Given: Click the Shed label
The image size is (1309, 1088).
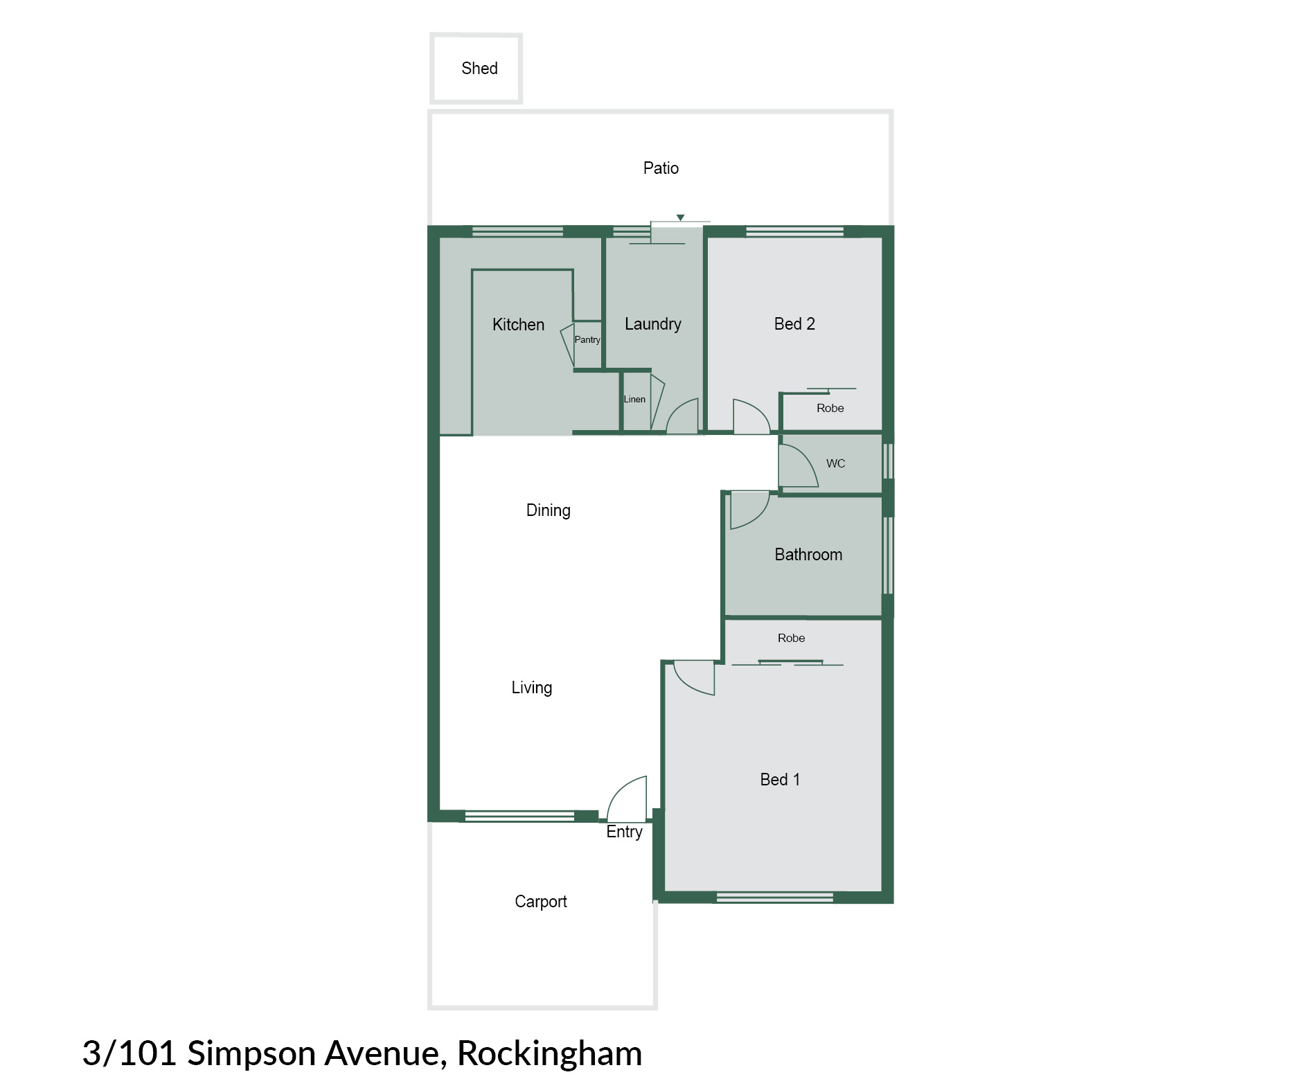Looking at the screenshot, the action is pos(479,68).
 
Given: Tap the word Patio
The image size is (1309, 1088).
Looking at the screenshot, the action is pos(661,168).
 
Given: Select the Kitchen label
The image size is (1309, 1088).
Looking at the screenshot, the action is pos(518,324).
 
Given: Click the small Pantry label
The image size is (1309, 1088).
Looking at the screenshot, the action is pos(587,339).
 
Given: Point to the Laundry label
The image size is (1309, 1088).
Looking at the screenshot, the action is pos(653,324).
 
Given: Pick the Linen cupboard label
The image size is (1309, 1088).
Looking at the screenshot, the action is pos(634,399).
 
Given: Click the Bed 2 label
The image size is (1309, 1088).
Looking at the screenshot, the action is pos(794,323).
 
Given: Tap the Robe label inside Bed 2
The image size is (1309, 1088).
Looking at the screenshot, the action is pos(830,408).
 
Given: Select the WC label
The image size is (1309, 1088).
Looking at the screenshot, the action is pos(836,463).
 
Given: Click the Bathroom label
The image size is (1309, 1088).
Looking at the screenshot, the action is pos(808,554).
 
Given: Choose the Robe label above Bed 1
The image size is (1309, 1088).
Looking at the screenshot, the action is pos(791,638).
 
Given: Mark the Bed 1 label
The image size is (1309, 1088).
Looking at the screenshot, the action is pos(780,779).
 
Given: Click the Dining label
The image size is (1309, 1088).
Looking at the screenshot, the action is pos(548,510).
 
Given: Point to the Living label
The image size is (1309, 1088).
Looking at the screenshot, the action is pos(531,688).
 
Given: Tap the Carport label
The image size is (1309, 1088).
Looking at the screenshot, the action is pos(540,902).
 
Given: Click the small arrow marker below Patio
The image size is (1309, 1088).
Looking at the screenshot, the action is pos(680,217).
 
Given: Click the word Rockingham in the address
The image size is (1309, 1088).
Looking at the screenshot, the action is pos(549,1053).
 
